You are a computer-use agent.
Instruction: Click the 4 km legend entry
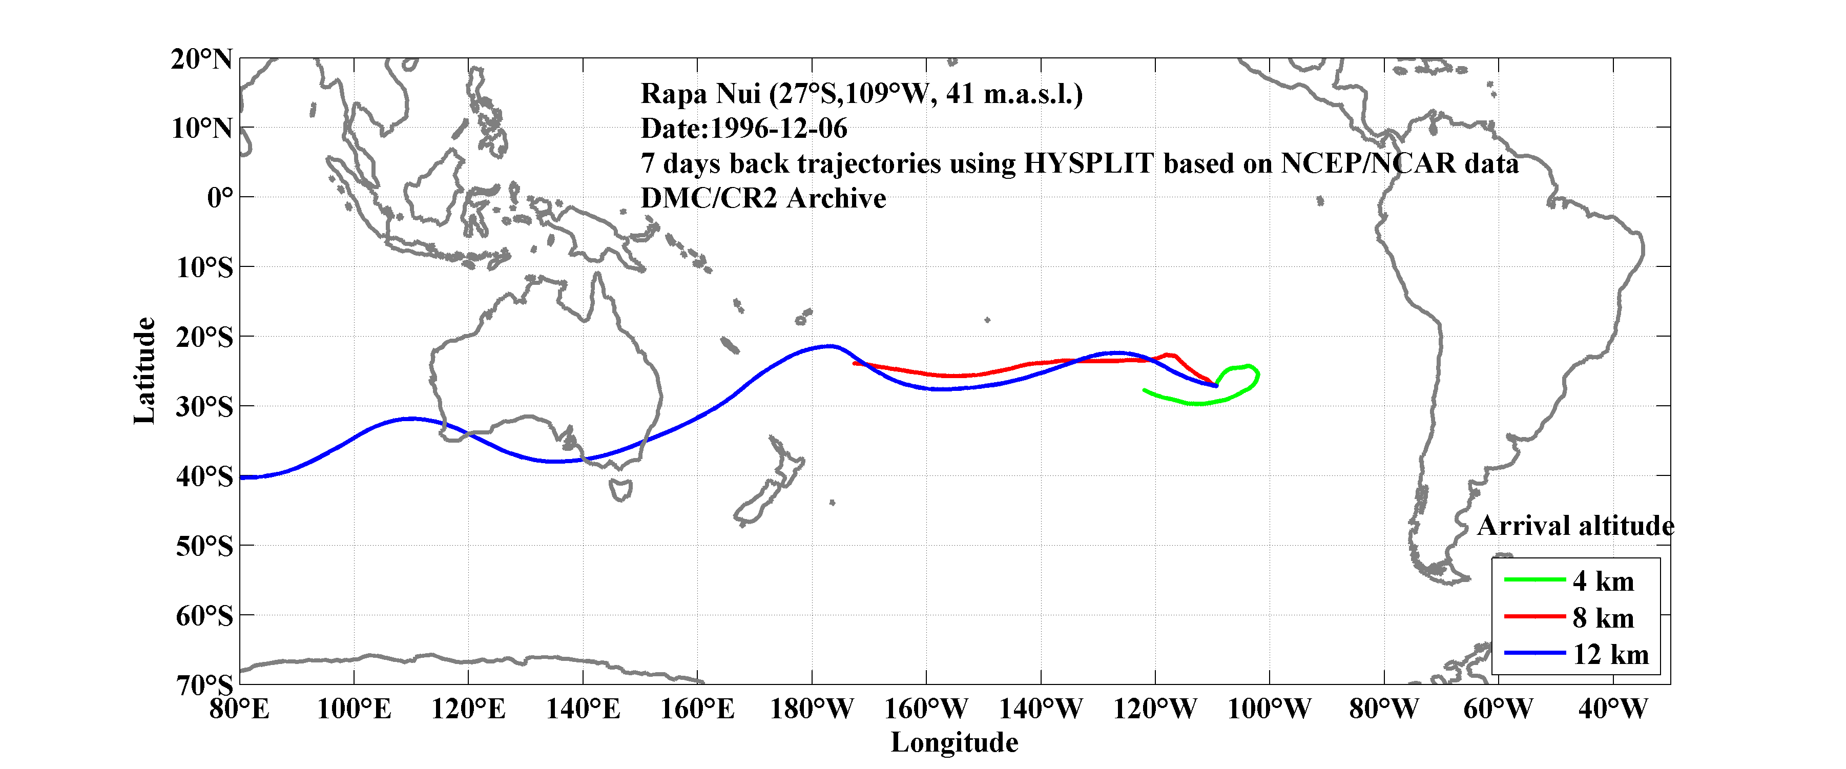click(1603, 581)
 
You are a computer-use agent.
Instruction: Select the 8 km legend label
click(1603, 618)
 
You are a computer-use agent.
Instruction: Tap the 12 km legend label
click(1610, 654)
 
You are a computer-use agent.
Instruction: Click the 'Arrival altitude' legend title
click(1575, 526)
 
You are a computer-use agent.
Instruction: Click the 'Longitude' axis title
click(954, 742)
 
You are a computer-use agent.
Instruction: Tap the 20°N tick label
click(201, 59)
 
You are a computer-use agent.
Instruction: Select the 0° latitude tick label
click(219, 198)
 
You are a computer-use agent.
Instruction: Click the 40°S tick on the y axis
click(204, 476)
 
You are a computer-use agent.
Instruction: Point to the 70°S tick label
click(204, 684)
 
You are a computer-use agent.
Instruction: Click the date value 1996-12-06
click(778, 129)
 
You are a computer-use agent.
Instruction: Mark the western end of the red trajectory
click(854, 363)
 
